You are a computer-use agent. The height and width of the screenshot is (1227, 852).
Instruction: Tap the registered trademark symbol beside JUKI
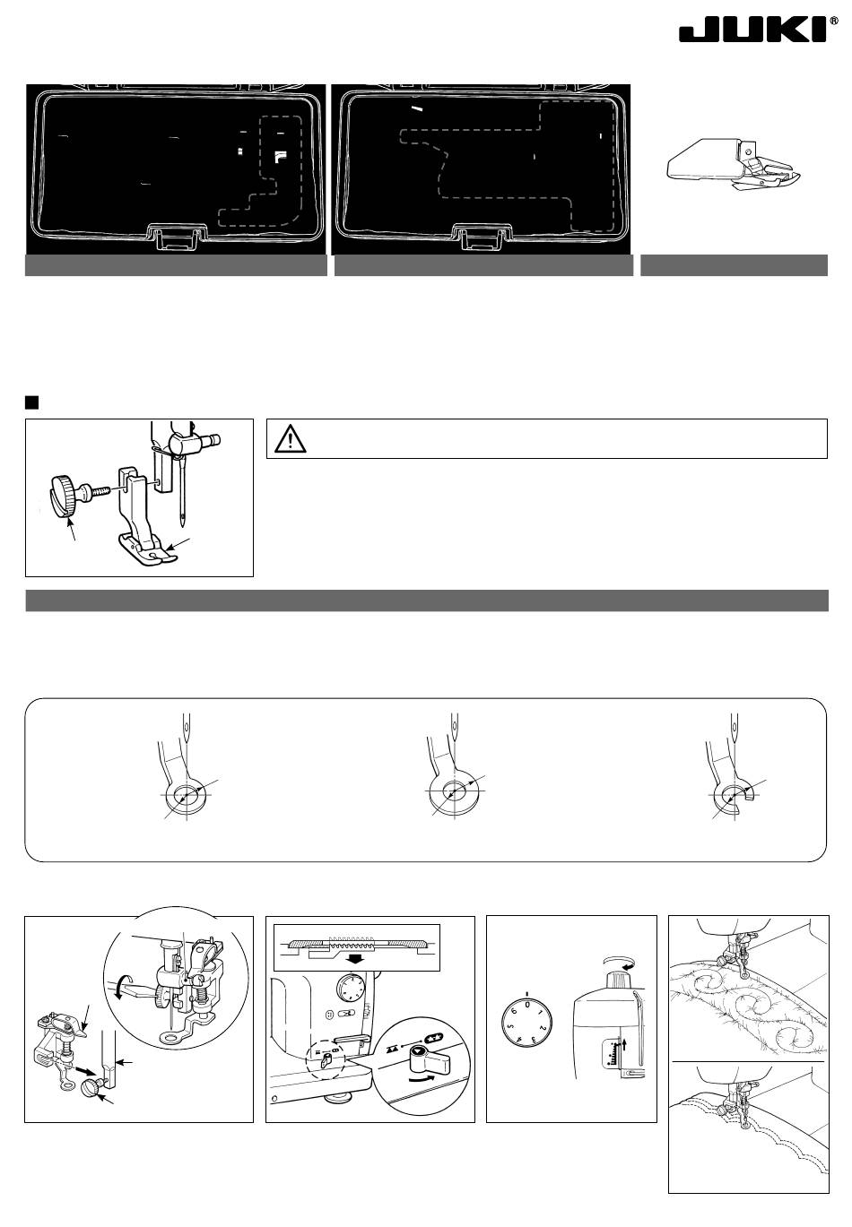(834, 21)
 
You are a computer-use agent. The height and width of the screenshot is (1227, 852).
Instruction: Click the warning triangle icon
(290, 439)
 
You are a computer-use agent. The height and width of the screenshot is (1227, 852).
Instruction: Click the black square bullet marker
(31, 402)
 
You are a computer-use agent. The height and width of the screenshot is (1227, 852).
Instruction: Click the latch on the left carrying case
(176, 236)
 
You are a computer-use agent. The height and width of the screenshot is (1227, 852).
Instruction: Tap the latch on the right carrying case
(480, 236)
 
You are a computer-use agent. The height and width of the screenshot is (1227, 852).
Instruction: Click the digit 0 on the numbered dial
(526, 1005)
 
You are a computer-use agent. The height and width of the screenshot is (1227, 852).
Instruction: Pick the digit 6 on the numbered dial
(514, 1011)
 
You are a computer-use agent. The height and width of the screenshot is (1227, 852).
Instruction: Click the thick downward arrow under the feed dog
(357, 959)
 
